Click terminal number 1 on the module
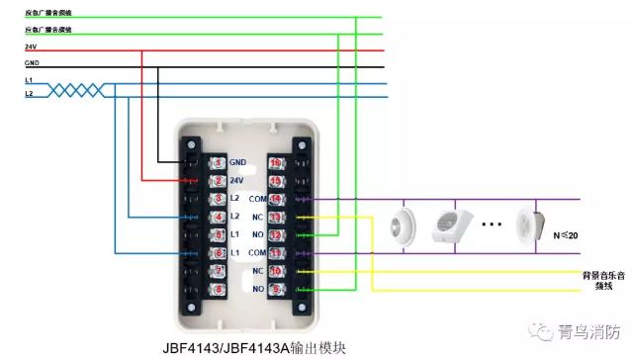219,162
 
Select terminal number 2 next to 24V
219,181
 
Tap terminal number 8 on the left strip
219,289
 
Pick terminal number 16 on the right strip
276,162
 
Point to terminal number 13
276,217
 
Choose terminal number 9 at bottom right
276,289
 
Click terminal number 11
276,253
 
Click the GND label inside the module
237,162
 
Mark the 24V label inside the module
236,181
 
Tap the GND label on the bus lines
32,63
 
